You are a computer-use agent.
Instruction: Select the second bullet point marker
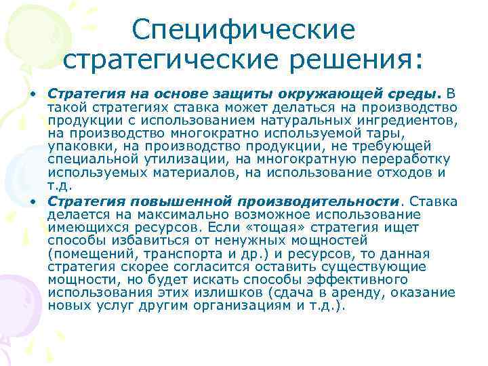coord(32,202)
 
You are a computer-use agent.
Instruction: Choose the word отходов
coord(406,172)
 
